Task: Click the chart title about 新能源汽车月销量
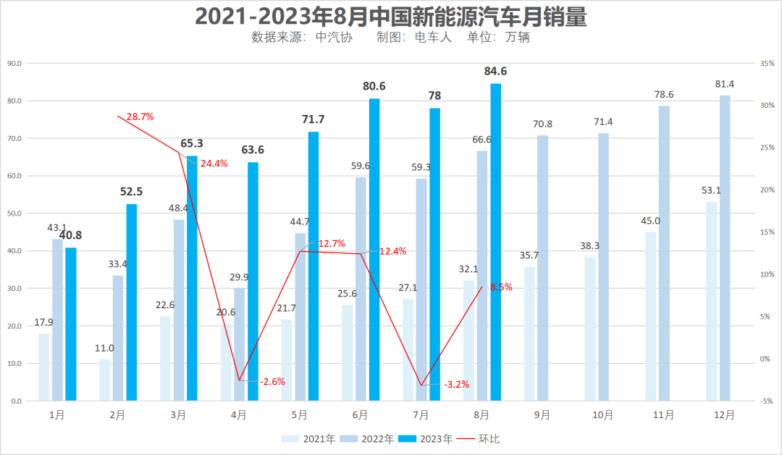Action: click(391, 15)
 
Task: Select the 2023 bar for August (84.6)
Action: click(496, 242)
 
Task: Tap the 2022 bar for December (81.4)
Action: click(725, 248)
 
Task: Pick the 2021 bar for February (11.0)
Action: click(105, 380)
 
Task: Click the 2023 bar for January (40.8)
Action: click(71, 324)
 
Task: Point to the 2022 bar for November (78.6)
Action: click(664, 253)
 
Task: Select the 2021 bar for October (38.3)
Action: click(590, 329)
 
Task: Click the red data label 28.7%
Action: click(140, 116)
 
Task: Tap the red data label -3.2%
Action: click(456, 385)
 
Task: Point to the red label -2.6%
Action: click(273, 381)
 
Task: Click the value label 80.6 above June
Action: click(374, 86)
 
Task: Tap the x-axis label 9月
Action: click(542, 415)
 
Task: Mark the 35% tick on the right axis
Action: click(765, 64)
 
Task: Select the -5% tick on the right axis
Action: click(765, 401)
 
